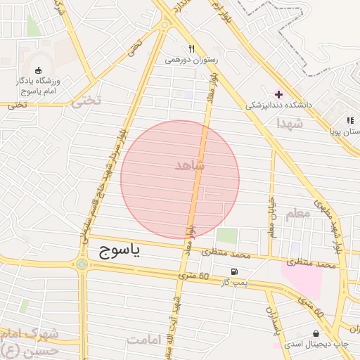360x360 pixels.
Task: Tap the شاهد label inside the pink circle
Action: (191, 166)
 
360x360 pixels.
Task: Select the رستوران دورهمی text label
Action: (192, 60)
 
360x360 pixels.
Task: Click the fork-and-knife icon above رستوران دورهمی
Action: (191, 49)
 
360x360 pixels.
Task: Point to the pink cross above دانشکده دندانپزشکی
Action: (279, 94)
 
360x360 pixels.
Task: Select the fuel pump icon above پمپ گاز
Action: (233, 271)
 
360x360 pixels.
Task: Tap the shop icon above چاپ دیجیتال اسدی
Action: (316, 333)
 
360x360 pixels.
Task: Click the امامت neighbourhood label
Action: (146, 340)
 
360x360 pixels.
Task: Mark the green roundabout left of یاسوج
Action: (82, 264)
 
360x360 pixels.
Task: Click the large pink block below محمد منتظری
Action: (302, 278)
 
